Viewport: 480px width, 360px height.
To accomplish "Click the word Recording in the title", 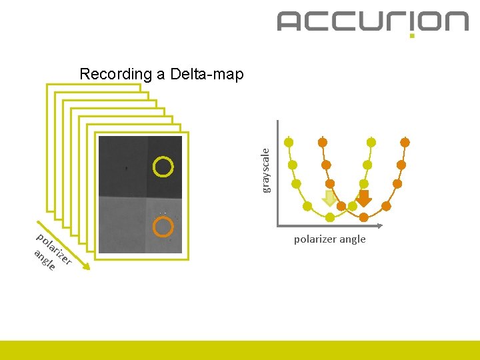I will coord(115,74).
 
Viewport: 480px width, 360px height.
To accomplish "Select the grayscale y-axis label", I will coord(266,170).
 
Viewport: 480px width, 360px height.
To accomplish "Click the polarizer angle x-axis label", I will coord(330,239).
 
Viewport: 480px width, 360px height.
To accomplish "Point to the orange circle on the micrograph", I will coord(163,227).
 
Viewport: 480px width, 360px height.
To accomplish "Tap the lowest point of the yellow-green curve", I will coord(331,217).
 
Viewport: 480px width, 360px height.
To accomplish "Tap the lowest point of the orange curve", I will coord(363,217).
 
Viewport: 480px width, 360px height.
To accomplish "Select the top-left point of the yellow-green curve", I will coord(289,142).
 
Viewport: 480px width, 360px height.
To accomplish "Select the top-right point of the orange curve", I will coord(405,142).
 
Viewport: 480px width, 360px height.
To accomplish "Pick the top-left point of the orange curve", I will coord(322,142).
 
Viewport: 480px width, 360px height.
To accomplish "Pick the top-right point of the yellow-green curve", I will coord(371,142).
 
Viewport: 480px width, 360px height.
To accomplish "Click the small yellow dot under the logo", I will coord(412,35).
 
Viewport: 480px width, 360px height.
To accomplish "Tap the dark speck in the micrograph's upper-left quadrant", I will coord(127,169).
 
